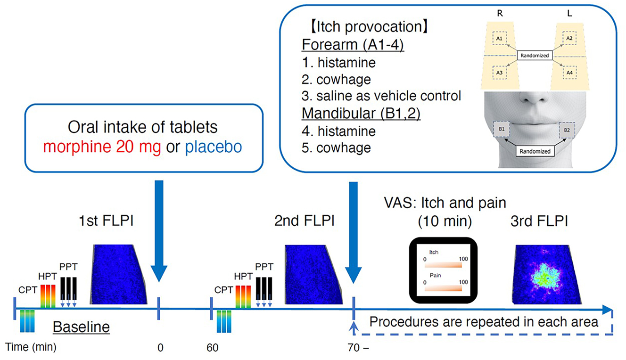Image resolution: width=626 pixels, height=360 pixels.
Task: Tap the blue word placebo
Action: [214, 147]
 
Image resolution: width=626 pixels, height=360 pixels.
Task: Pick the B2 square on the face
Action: [567, 129]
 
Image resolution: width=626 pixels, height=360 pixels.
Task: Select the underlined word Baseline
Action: [81, 327]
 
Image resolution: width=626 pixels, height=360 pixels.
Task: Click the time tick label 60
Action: [213, 348]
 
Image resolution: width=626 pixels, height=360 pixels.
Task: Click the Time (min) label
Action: [32, 348]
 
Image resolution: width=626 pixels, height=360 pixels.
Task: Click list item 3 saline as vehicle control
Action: [380, 96]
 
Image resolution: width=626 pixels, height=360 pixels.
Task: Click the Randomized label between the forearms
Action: [535, 55]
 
